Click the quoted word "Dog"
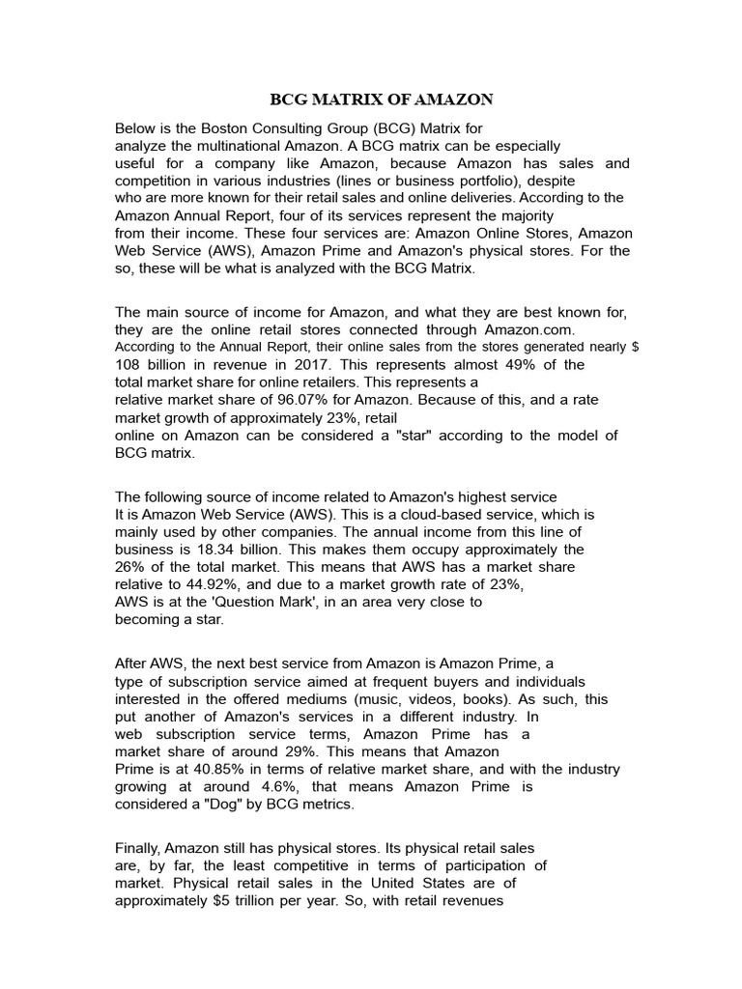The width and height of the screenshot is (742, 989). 221,804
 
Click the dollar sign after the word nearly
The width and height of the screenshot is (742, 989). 633,346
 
